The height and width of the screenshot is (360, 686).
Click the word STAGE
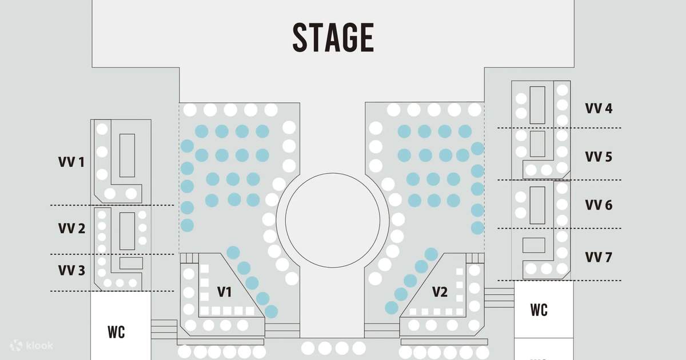[333, 37]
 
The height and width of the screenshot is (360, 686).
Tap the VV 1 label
[71, 162]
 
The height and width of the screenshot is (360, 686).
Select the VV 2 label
[71, 229]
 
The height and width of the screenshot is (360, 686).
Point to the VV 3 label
[71, 270]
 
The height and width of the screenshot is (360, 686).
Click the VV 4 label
[599, 109]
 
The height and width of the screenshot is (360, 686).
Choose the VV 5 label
[599, 157]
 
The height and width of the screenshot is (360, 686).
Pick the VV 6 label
[599, 205]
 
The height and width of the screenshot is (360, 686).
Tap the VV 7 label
[599, 257]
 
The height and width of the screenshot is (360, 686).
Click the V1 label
[225, 292]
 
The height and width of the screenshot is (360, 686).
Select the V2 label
[440, 292]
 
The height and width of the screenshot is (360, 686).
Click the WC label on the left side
[117, 332]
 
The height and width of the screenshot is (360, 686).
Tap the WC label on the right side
[539, 310]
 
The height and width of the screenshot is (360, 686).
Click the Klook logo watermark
[31, 346]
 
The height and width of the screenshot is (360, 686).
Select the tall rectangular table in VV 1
[127, 155]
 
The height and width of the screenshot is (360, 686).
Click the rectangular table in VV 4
[537, 105]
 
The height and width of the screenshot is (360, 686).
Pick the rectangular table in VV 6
[537, 205]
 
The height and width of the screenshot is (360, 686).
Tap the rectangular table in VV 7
[534, 245]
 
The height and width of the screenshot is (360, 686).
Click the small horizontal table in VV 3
[131, 263]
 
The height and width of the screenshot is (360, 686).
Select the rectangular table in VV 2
[127, 231]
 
